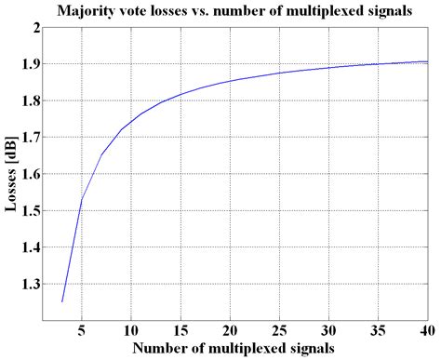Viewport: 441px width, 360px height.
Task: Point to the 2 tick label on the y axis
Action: click(x=36, y=27)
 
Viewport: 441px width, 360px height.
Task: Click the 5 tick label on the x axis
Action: click(x=83, y=330)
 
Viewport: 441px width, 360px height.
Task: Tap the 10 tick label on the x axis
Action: click(x=131, y=330)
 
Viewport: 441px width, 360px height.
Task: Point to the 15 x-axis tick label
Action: click(x=180, y=330)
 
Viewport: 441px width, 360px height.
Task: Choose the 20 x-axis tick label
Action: click(x=230, y=330)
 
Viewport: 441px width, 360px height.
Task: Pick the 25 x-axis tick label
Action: click(x=279, y=330)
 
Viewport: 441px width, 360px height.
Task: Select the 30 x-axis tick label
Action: click(x=328, y=330)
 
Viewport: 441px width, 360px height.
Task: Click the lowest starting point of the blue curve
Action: click(x=62, y=301)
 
